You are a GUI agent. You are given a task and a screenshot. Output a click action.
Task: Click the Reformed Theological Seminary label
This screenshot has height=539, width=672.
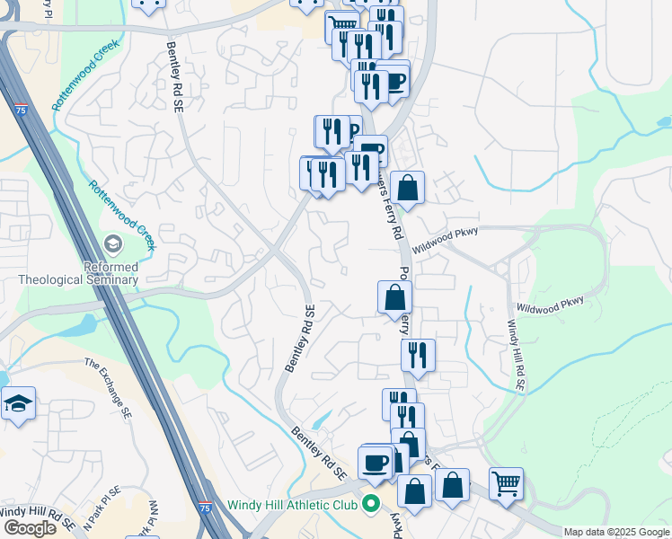click(78, 273)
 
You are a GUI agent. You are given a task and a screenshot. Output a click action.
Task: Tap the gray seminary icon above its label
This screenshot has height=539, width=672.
click(112, 244)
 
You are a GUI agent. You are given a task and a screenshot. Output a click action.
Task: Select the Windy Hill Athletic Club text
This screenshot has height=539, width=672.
click(292, 505)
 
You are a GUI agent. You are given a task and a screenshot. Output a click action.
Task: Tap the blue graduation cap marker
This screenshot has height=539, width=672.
click(18, 404)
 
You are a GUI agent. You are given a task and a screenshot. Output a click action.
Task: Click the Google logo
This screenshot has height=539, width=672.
click(30, 528)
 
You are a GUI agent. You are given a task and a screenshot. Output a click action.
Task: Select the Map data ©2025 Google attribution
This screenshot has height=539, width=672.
click(617, 532)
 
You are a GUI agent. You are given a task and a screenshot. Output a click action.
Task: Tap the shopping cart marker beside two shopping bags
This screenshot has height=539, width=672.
click(507, 483)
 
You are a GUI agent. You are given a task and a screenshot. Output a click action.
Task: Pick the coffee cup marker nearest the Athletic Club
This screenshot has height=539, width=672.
click(375, 463)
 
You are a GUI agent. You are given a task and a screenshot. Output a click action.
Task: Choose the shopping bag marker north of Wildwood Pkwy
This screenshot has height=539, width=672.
click(407, 189)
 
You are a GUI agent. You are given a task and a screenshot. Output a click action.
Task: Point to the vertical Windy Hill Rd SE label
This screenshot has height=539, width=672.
click(515, 355)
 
